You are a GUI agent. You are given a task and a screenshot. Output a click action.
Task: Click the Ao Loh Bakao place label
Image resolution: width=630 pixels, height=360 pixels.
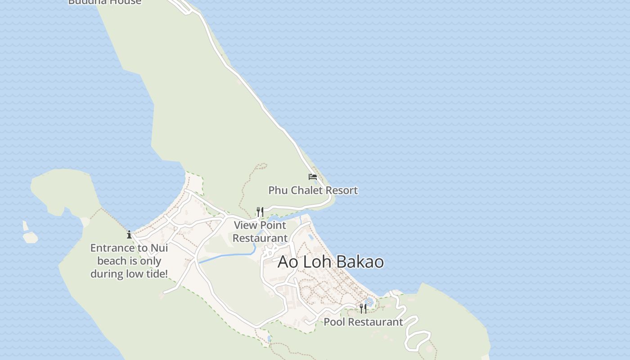coord(330,262)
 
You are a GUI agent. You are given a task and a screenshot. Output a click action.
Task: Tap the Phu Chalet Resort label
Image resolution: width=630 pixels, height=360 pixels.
coord(313,190)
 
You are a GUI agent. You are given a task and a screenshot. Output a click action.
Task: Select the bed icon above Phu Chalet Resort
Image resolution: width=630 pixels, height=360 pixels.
coord(313,176)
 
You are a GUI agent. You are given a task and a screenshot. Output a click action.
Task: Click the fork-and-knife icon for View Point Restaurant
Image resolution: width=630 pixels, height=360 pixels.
coord(260,211)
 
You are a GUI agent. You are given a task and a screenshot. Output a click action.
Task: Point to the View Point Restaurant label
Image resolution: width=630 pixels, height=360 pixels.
coord(260,231)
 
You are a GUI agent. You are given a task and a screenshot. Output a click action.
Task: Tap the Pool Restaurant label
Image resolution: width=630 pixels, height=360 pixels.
coord(363,322)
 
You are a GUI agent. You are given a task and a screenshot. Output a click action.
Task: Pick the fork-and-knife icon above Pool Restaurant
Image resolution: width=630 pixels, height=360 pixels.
coord(363,308)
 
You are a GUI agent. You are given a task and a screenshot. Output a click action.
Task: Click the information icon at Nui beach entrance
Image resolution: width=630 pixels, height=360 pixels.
coord(129,234)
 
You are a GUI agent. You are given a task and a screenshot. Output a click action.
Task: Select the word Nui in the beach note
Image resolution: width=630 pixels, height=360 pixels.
coord(159,248)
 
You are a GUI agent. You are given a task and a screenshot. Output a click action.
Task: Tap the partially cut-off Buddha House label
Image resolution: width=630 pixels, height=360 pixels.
coord(105,2)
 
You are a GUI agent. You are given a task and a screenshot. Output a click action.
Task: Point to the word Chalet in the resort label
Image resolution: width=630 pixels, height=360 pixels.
coord(307,190)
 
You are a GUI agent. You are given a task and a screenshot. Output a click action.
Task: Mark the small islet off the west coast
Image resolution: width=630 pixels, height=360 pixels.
coord(31,236)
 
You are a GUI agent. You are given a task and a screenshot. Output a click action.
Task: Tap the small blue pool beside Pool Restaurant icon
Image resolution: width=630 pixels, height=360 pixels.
coord(369,301)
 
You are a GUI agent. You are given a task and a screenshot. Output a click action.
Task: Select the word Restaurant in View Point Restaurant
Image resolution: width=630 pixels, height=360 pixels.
coord(260,238)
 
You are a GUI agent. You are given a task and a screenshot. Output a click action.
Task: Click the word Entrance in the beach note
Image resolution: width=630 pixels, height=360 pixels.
coord(112,248)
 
